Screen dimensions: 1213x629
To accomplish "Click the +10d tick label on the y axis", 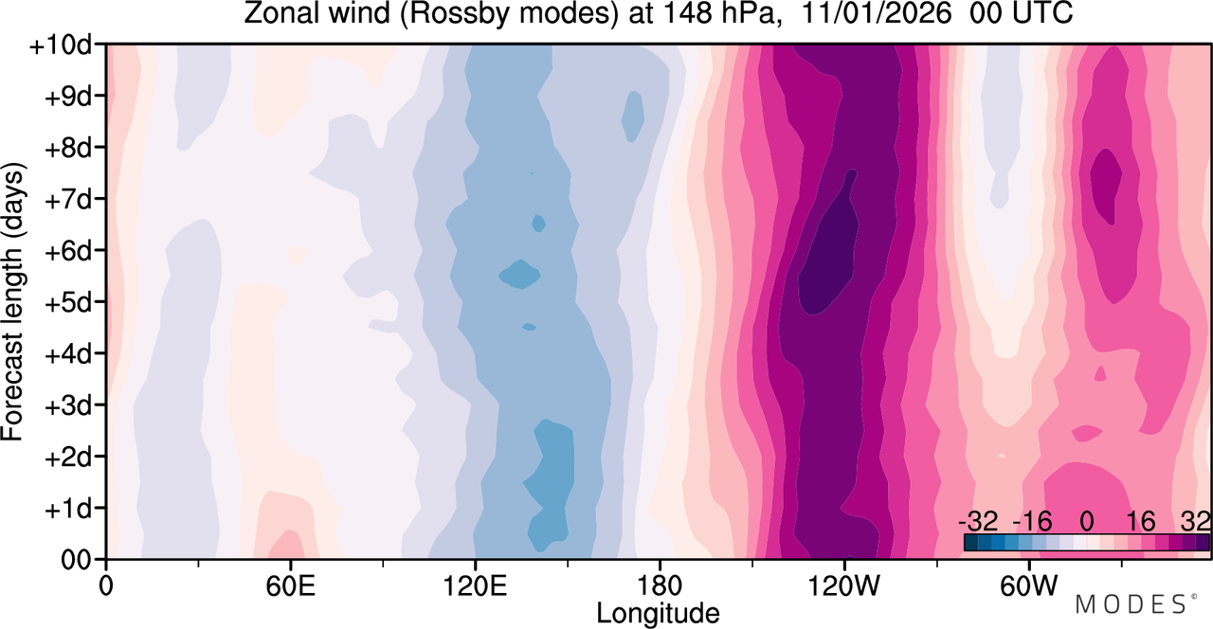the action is point(61,46).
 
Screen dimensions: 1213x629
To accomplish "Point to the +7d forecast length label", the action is point(68,200).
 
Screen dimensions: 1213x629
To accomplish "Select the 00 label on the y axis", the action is point(77,561).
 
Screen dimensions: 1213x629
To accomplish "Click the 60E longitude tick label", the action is point(290,586).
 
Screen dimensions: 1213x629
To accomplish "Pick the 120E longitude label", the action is point(475,586).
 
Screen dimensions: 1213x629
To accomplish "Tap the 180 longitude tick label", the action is point(660,586).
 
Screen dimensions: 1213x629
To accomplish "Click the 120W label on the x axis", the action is point(843,586).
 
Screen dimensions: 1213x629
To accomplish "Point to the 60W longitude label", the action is point(1028,586).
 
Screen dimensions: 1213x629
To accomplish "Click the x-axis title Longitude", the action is point(658,614).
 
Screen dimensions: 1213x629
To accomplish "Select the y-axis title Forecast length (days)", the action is point(13,301).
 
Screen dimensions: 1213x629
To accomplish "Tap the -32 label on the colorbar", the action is point(978,522).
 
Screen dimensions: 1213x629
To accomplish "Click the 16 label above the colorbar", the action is point(1140,522).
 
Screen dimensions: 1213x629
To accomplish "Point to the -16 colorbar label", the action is point(1032,522).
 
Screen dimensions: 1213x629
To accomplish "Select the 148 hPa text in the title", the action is point(718,13).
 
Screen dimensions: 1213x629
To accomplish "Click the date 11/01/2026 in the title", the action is point(876,13).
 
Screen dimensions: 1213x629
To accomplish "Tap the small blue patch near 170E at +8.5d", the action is point(632,117).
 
